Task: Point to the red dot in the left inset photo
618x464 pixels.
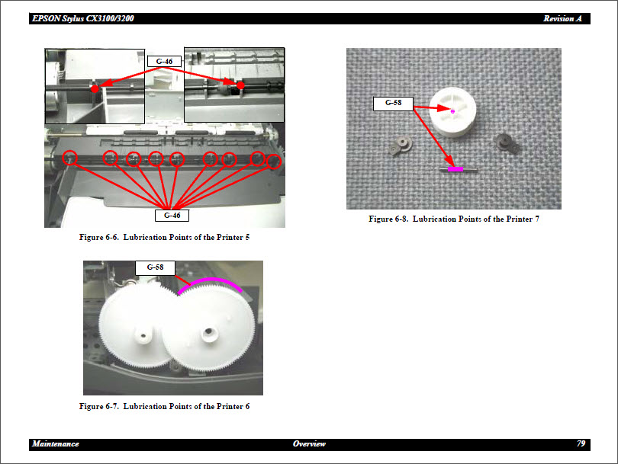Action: pyautogui.click(x=95, y=88)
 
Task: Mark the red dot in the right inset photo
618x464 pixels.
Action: pyautogui.click(x=240, y=86)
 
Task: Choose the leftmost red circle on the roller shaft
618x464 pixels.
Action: pyautogui.click(x=70, y=158)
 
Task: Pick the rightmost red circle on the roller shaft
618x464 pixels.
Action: pyautogui.click(x=275, y=162)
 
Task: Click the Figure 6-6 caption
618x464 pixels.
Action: pyautogui.click(x=164, y=238)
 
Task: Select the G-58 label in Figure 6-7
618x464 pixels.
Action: pyautogui.click(x=155, y=267)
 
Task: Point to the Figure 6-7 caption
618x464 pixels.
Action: pyautogui.click(x=164, y=406)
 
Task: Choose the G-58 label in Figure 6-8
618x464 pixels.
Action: pyautogui.click(x=393, y=103)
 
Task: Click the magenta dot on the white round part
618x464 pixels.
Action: pyautogui.click(x=452, y=111)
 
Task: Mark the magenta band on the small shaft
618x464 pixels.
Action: pyautogui.click(x=455, y=169)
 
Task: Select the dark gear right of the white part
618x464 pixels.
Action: pyautogui.click(x=504, y=142)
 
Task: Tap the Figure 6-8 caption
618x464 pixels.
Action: pyautogui.click(x=454, y=219)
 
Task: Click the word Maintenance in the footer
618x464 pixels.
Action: pyautogui.click(x=56, y=443)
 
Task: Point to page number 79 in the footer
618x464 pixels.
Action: pyautogui.click(x=581, y=443)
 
